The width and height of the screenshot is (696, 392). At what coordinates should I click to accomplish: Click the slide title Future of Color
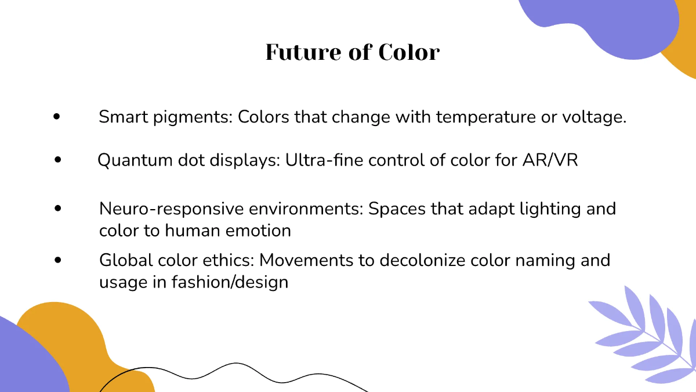click(353, 52)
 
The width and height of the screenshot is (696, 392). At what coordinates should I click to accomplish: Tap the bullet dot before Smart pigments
click(56, 117)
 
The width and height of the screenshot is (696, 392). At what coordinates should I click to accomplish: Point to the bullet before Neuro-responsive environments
click(57, 208)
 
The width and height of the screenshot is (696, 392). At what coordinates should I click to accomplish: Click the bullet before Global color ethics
click(57, 260)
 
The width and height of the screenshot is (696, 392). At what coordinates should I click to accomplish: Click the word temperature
click(490, 117)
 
